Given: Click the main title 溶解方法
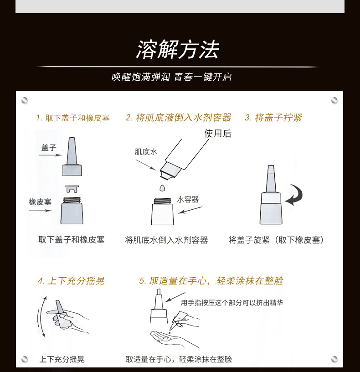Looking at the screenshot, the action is [178, 49].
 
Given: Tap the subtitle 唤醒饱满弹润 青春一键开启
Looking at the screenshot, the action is [171, 77].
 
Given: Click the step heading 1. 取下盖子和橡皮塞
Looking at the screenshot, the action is [73, 118].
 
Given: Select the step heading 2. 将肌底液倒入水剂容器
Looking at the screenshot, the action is [178, 118].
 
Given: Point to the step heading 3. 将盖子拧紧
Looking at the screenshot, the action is [273, 118].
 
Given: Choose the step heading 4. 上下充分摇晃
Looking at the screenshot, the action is [71, 281].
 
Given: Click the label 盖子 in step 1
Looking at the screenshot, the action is [49, 148].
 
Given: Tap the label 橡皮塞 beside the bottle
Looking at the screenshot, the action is [40, 202].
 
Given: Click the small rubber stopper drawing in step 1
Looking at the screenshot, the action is [72, 189].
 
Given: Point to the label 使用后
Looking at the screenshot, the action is [218, 134].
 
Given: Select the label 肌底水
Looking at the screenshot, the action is [146, 152].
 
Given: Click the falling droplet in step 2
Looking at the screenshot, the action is [162, 188].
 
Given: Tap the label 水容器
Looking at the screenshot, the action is [188, 200].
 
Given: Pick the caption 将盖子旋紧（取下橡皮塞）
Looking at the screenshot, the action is [276, 240].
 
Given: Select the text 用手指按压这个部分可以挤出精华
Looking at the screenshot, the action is [232, 303].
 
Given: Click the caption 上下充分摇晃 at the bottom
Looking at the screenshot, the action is [62, 359].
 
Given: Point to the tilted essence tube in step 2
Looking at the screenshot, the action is [183, 158].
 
